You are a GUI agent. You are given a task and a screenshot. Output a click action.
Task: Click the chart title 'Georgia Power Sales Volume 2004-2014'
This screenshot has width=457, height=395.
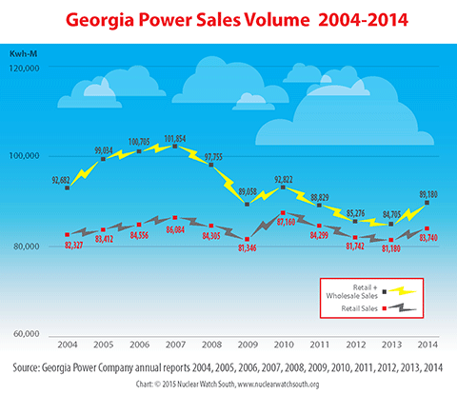pyautogui.click(x=228, y=18)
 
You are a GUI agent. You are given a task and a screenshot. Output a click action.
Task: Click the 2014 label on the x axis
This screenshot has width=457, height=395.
pyautogui.click(x=427, y=343)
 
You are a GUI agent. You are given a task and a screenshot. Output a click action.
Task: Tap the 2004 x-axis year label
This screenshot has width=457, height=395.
pyautogui.click(x=67, y=343)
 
